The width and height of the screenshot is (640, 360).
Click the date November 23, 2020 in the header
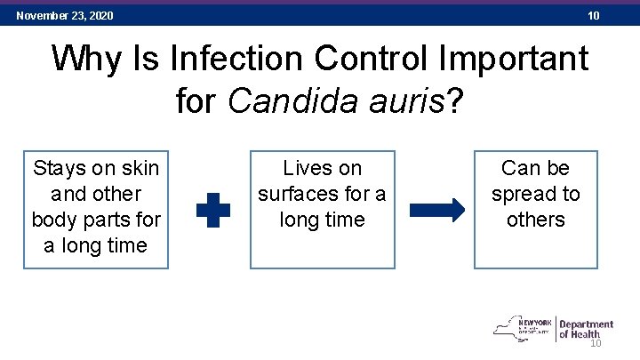[65, 16]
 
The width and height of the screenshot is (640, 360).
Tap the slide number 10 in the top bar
[594, 16]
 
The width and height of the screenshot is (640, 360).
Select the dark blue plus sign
[212, 211]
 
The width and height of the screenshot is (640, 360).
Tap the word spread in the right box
[523, 194]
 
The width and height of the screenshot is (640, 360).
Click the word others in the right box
[535, 220]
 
